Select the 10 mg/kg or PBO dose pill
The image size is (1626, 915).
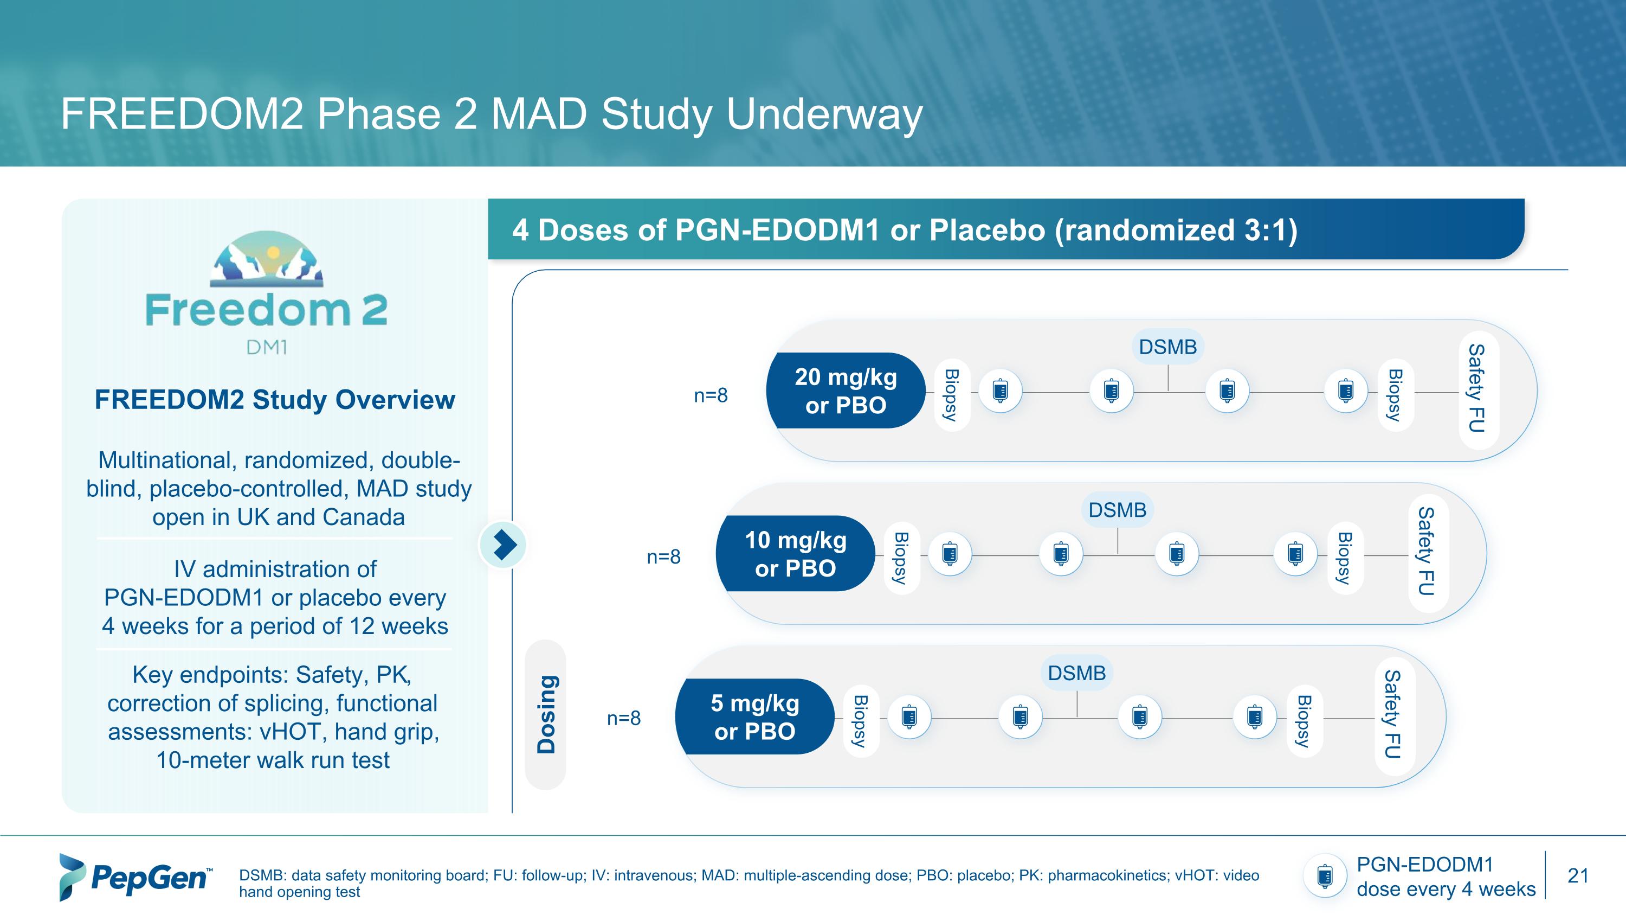click(795, 554)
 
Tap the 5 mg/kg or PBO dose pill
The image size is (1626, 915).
click(754, 716)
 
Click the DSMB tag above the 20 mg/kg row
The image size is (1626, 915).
click(1167, 347)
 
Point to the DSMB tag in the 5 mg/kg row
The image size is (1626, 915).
click(1076, 673)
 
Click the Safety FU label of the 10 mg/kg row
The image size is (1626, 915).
click(1427, 551)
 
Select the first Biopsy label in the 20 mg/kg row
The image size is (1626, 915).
click(951, 395)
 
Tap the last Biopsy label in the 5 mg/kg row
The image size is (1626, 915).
click(1304, 720)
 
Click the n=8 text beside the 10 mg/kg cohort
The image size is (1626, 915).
click(663, 557)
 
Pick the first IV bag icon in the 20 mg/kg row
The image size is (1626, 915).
click(1000, 392)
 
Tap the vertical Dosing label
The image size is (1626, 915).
click(546, 714)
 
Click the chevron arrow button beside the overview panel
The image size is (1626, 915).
click(503, 545)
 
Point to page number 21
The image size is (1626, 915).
click(1577, 876)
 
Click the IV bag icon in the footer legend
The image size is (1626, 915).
click(1324, 876)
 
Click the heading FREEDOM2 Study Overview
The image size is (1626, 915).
click(275, 400)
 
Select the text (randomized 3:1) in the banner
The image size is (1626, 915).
click(1175, 230)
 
